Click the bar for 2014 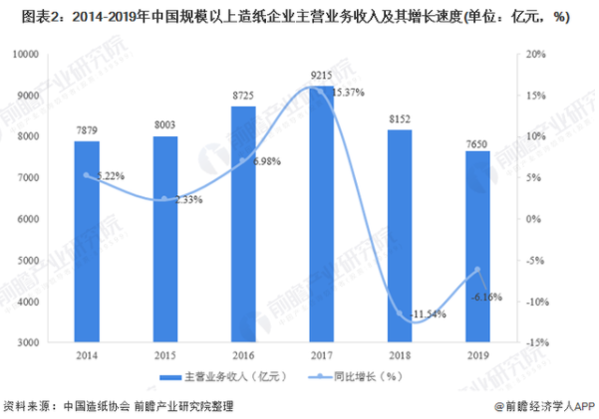click(87, 241)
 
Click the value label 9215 click(320, 75)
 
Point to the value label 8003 click(164, 125)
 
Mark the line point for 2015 click(164, 199)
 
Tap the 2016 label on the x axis click(242, 355)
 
